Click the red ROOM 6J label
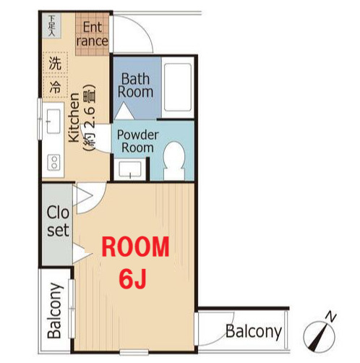coord(135,262)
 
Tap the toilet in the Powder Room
coord(174,161)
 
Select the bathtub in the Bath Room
coord(178,87)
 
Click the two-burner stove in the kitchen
coord(54,162)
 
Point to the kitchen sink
coord(53,121)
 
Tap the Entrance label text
coord(93,34)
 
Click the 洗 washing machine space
coord(55,64)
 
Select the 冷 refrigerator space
coord(55,87)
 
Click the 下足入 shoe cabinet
coord(51,25)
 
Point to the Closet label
coord(58,221)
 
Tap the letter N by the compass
coord(331,317)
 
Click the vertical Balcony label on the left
coord(55,310)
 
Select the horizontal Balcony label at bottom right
coord(254,332)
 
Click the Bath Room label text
coord(135,85)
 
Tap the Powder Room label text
coord(137,141)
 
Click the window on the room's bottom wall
coord(134,352)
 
